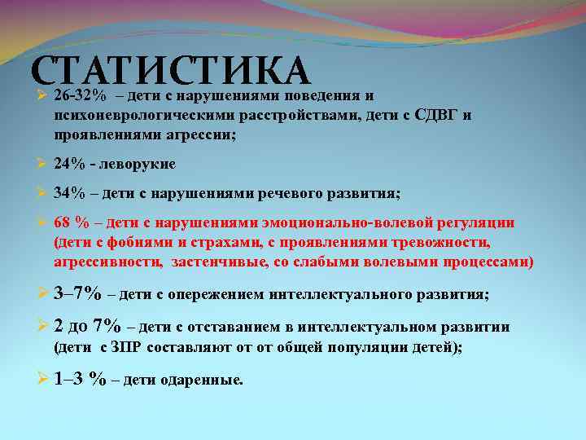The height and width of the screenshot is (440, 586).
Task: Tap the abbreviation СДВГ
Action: (x=439, y=115)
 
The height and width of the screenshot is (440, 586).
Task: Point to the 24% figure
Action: (x=70, y=164)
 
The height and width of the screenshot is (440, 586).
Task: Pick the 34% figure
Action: (x=70, y=193)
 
